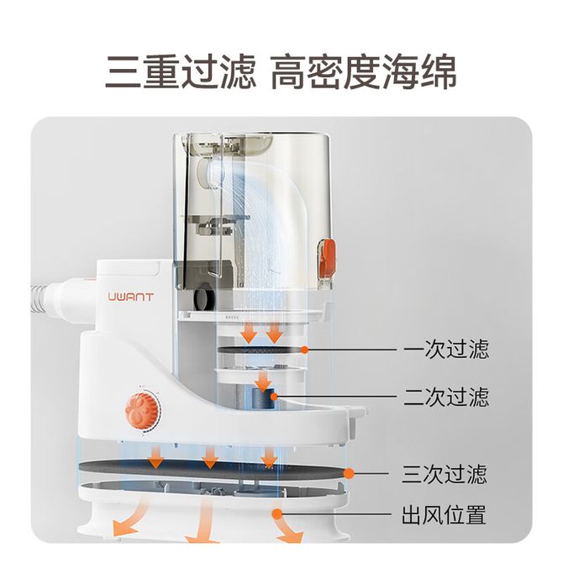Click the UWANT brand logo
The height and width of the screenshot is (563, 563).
[131, 297]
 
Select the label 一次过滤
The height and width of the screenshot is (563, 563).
[446, 350]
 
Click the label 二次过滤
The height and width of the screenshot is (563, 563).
[446, 397]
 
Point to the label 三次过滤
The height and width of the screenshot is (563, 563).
[445, 474]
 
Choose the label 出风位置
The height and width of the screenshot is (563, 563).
[444, 514]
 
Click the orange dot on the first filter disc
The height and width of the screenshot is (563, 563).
[305, 350]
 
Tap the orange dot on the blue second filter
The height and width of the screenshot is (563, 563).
[274, 397]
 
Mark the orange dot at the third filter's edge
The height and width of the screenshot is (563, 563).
[349, 474]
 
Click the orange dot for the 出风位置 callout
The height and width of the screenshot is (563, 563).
[276, 514]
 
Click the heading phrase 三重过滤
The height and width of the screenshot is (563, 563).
[181, 71]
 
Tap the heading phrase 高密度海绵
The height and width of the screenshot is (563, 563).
[363, 71]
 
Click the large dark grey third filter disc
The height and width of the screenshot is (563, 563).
[212, 471]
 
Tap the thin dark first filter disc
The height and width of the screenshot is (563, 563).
[261, 350]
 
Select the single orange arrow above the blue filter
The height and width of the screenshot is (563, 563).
[264, 381]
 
